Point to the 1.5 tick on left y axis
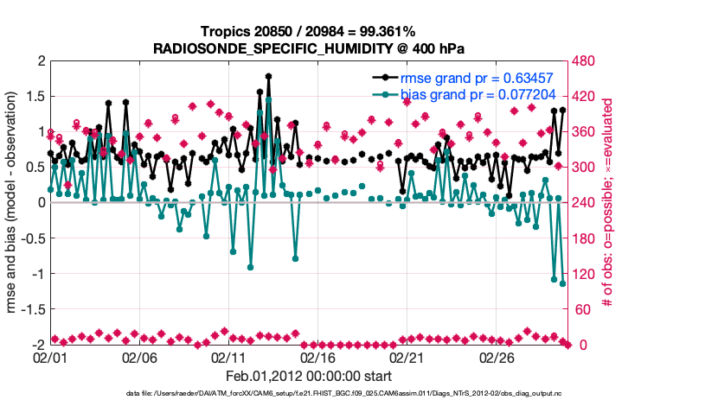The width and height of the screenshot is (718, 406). pyautogui.click(x=35, y=97)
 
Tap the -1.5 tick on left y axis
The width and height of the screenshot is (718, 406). pyautogui.click(x=32, y=309)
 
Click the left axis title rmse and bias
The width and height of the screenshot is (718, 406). pyautogui.click(x=14, y=203)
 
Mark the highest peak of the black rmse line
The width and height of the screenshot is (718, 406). pyautogui.click(x=269, y=76)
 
